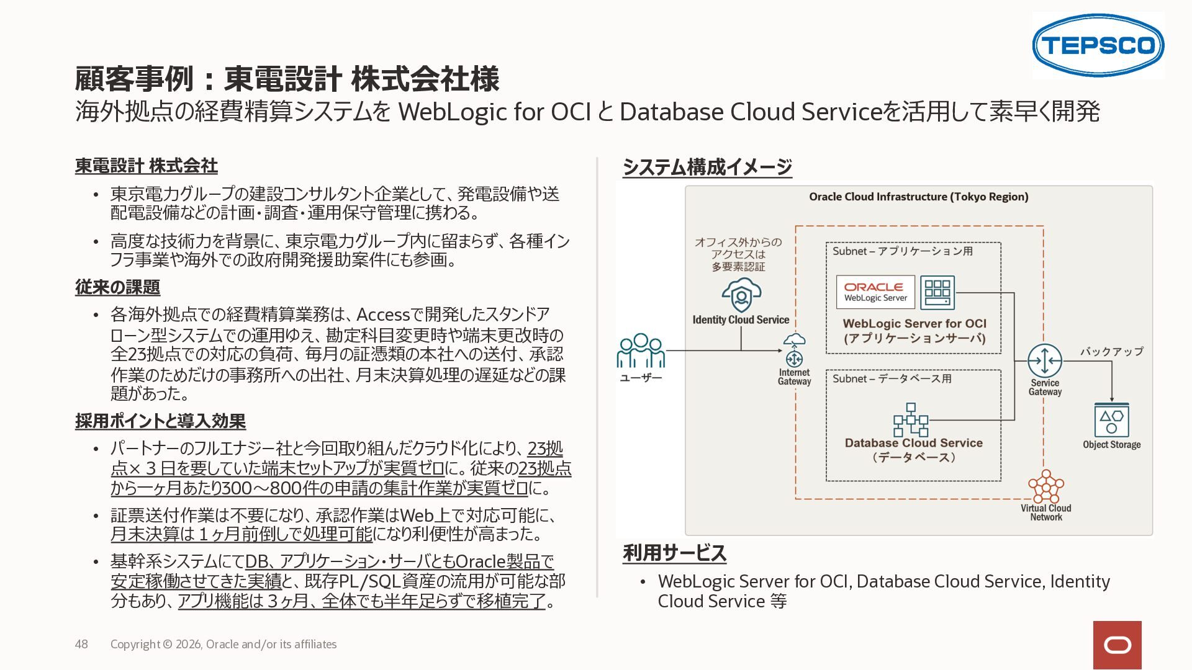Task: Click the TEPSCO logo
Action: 1098,45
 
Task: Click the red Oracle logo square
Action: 1117,645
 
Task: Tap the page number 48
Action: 81,644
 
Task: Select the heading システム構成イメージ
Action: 707,167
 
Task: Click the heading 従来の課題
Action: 117,287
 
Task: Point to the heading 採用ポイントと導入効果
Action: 160,421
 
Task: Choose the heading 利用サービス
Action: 674,553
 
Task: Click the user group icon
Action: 641,351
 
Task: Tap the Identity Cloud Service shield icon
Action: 741,295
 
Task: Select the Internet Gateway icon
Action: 794,351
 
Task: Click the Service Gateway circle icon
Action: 1045,360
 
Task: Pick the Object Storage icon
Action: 1111,421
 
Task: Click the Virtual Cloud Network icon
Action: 1046,486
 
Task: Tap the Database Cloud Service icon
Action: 911,420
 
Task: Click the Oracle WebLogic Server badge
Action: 875,292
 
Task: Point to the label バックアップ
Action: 1111,351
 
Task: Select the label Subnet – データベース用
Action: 892,378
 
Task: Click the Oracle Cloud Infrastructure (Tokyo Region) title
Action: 919,197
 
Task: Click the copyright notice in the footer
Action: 223,644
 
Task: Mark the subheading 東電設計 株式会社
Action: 147,166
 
